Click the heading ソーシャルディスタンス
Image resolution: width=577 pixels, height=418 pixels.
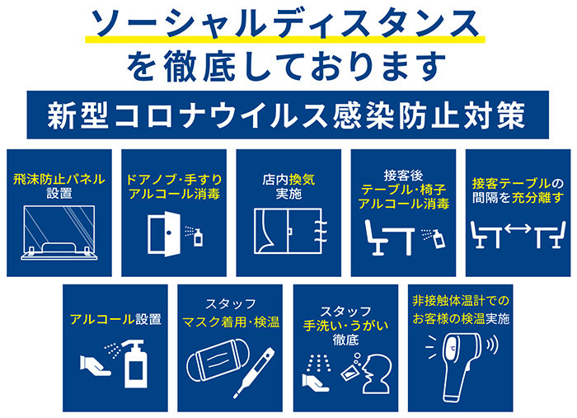point(285,24)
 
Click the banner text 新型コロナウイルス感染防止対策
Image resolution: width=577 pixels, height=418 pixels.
point(287,115)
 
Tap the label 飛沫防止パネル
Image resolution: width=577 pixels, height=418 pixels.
point(59,180)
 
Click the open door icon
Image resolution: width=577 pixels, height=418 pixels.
point(164,233)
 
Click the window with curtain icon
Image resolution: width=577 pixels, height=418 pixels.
point(291,231)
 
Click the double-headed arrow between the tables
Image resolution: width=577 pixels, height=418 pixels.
point(518,228)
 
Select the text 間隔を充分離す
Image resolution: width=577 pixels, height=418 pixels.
point(518,198)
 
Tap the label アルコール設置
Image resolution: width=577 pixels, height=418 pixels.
point(115,318)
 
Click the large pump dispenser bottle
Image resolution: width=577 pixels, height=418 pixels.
point(135,364)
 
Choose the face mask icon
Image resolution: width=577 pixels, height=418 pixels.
point(218,360)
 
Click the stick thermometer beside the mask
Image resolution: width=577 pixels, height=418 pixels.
point(255,373)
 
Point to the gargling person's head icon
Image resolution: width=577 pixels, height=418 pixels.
point(377,373)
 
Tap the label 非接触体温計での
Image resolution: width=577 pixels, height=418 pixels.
point(461,301)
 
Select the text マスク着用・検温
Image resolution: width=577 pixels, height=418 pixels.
point(231,322)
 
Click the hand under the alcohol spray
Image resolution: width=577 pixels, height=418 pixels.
point(95,366)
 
